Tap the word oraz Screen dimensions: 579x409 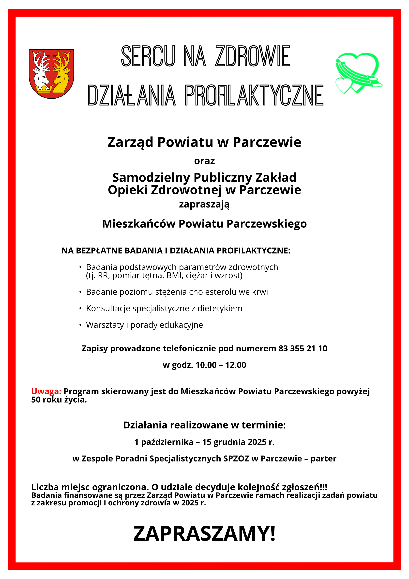pyautogui.click(x=204, y=161)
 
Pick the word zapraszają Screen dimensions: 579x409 pyautogui.click(x=204, y=204)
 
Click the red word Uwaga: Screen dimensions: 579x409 pyautogui.click(x=46, y=391)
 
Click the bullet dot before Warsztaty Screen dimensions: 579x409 pyautogui.click(x=80, y=325)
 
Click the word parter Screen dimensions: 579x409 pyautogui.click(x=323, y=459)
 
